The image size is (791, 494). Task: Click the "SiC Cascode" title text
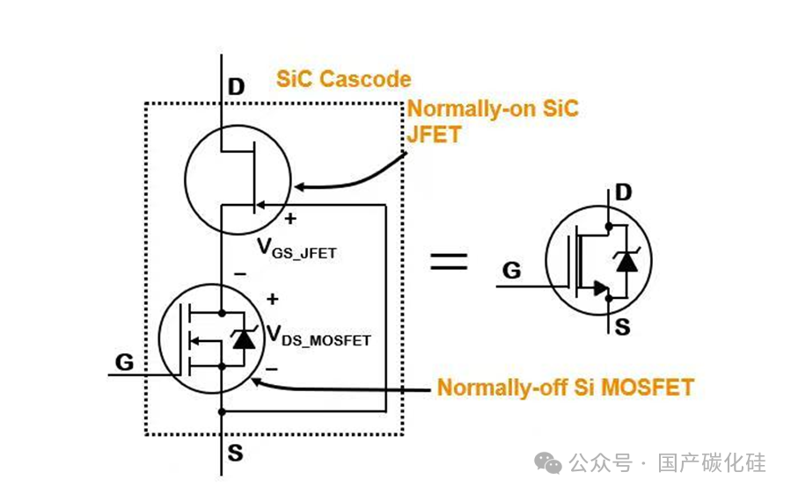[x=343, y=79]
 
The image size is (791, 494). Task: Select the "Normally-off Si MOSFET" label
[x=566, y=387]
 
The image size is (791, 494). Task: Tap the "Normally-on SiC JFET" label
[x=493, y=121]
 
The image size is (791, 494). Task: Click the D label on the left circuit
[x=236, y=87]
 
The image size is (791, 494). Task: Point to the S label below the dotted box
[x=235, y=454]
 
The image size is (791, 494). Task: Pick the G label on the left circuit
[x=125, y=362]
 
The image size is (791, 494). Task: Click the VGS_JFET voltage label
[x=297, y=249]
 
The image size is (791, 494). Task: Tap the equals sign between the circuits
[x=449, y=261]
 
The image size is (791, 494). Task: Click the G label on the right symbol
[x=511, y=270]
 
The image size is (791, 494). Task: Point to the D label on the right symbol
[x=624, y=192]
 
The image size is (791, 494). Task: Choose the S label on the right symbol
[x=623, y=327]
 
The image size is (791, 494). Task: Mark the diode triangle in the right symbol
[x=626, y=262]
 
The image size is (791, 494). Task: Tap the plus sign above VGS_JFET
[x=290, y=219]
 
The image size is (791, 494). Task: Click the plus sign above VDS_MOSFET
[x=273, y=299]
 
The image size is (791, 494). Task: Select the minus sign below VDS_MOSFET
[x=272, y=369]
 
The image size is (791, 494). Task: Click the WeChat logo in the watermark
[x=548, y=462]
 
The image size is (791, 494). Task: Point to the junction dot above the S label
[x=222, y=412]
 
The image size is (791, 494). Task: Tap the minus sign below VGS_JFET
[x=240, y=274]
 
